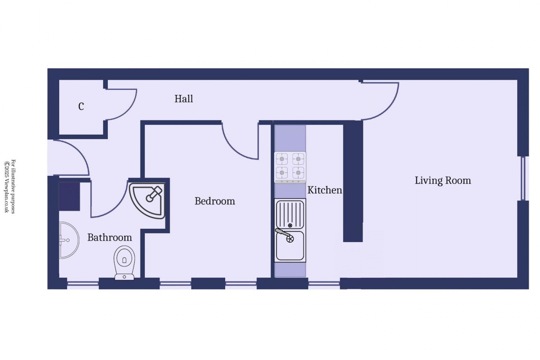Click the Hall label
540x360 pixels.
point(184,99)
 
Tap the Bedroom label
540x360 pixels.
point(215,201)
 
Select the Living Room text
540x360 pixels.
point(442,180)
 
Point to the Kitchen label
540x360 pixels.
point(324,190)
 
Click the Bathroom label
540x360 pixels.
point(109,237)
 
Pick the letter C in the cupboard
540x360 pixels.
point(81,106)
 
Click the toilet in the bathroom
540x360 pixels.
point(124,262)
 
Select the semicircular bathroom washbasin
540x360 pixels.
point(68,240)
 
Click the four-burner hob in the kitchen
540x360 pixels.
point(290,167)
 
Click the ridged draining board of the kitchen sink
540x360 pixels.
point(290,213)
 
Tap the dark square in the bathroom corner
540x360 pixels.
point(69,196)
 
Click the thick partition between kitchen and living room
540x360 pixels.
point(353,182)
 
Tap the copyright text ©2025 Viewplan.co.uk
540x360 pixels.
point(7,187)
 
